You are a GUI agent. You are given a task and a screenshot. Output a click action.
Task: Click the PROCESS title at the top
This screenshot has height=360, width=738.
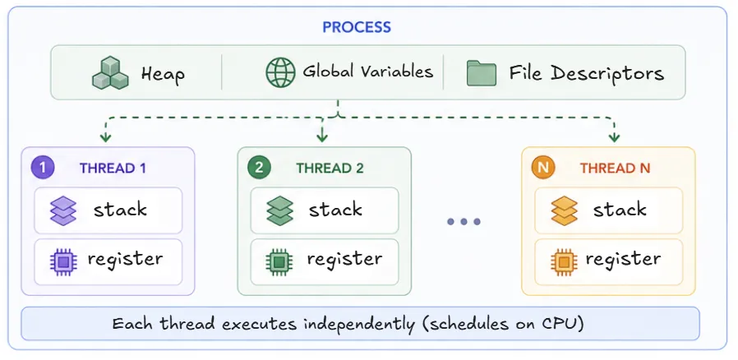coord(357,27)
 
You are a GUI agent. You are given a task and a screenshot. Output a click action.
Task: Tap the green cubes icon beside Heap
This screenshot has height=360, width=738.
coord(110,73)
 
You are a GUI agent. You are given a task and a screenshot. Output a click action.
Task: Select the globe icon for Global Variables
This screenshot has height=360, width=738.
coord(280,73)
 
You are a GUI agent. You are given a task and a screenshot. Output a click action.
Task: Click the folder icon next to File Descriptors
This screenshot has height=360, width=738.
coord(482,73)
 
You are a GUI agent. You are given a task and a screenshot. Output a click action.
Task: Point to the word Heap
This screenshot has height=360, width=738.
coord(163,74)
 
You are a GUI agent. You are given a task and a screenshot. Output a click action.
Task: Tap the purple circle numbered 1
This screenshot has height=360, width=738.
coord(43,168)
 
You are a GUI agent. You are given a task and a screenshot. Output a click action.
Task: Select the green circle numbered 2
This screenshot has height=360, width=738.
coord(260,168)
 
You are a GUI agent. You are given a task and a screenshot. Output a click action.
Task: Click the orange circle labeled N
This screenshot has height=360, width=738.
coord(543,168)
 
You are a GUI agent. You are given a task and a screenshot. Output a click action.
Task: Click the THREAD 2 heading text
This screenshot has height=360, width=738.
coord(330,168)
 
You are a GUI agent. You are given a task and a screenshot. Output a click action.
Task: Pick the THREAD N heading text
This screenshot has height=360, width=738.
coord(616,168)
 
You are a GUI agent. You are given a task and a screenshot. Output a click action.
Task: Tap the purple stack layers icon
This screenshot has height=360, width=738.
coord(63,210)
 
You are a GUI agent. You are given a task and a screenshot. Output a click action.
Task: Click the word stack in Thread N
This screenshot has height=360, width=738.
coord(620,210)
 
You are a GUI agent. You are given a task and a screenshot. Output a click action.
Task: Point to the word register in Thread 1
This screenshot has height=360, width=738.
coord(125,259)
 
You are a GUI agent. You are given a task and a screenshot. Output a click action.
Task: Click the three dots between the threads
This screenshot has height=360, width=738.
coord(464,222)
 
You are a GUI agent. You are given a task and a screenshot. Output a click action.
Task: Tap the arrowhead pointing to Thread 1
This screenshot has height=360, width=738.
coord(105,138)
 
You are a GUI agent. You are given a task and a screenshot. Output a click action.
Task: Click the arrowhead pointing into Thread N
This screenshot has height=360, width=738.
coord(614,138)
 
